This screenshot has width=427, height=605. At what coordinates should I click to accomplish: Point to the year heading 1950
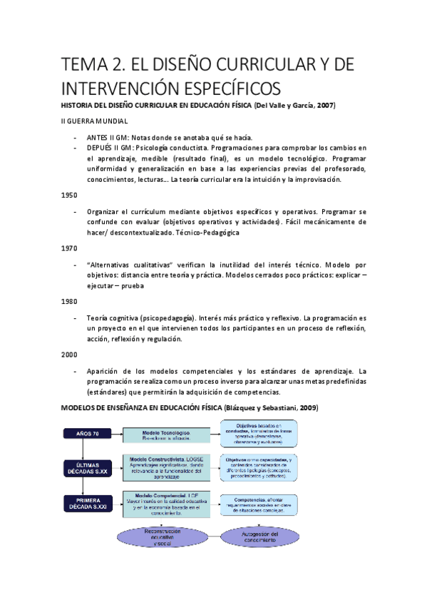69,194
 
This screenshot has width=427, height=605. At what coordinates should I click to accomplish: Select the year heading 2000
69,354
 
